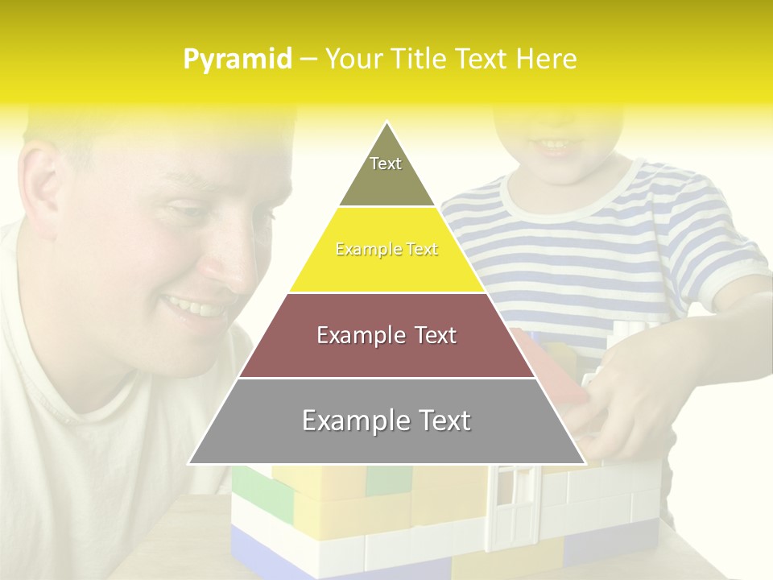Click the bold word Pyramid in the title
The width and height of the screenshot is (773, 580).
click(237, 60)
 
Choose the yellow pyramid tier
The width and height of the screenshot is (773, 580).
click(386, 251)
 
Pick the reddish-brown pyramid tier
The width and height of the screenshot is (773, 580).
click(386, 336)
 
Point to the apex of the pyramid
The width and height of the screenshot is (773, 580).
click(386, 124)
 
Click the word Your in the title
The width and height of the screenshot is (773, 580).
click(352, 59)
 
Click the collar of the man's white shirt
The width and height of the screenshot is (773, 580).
click(105, 403)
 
